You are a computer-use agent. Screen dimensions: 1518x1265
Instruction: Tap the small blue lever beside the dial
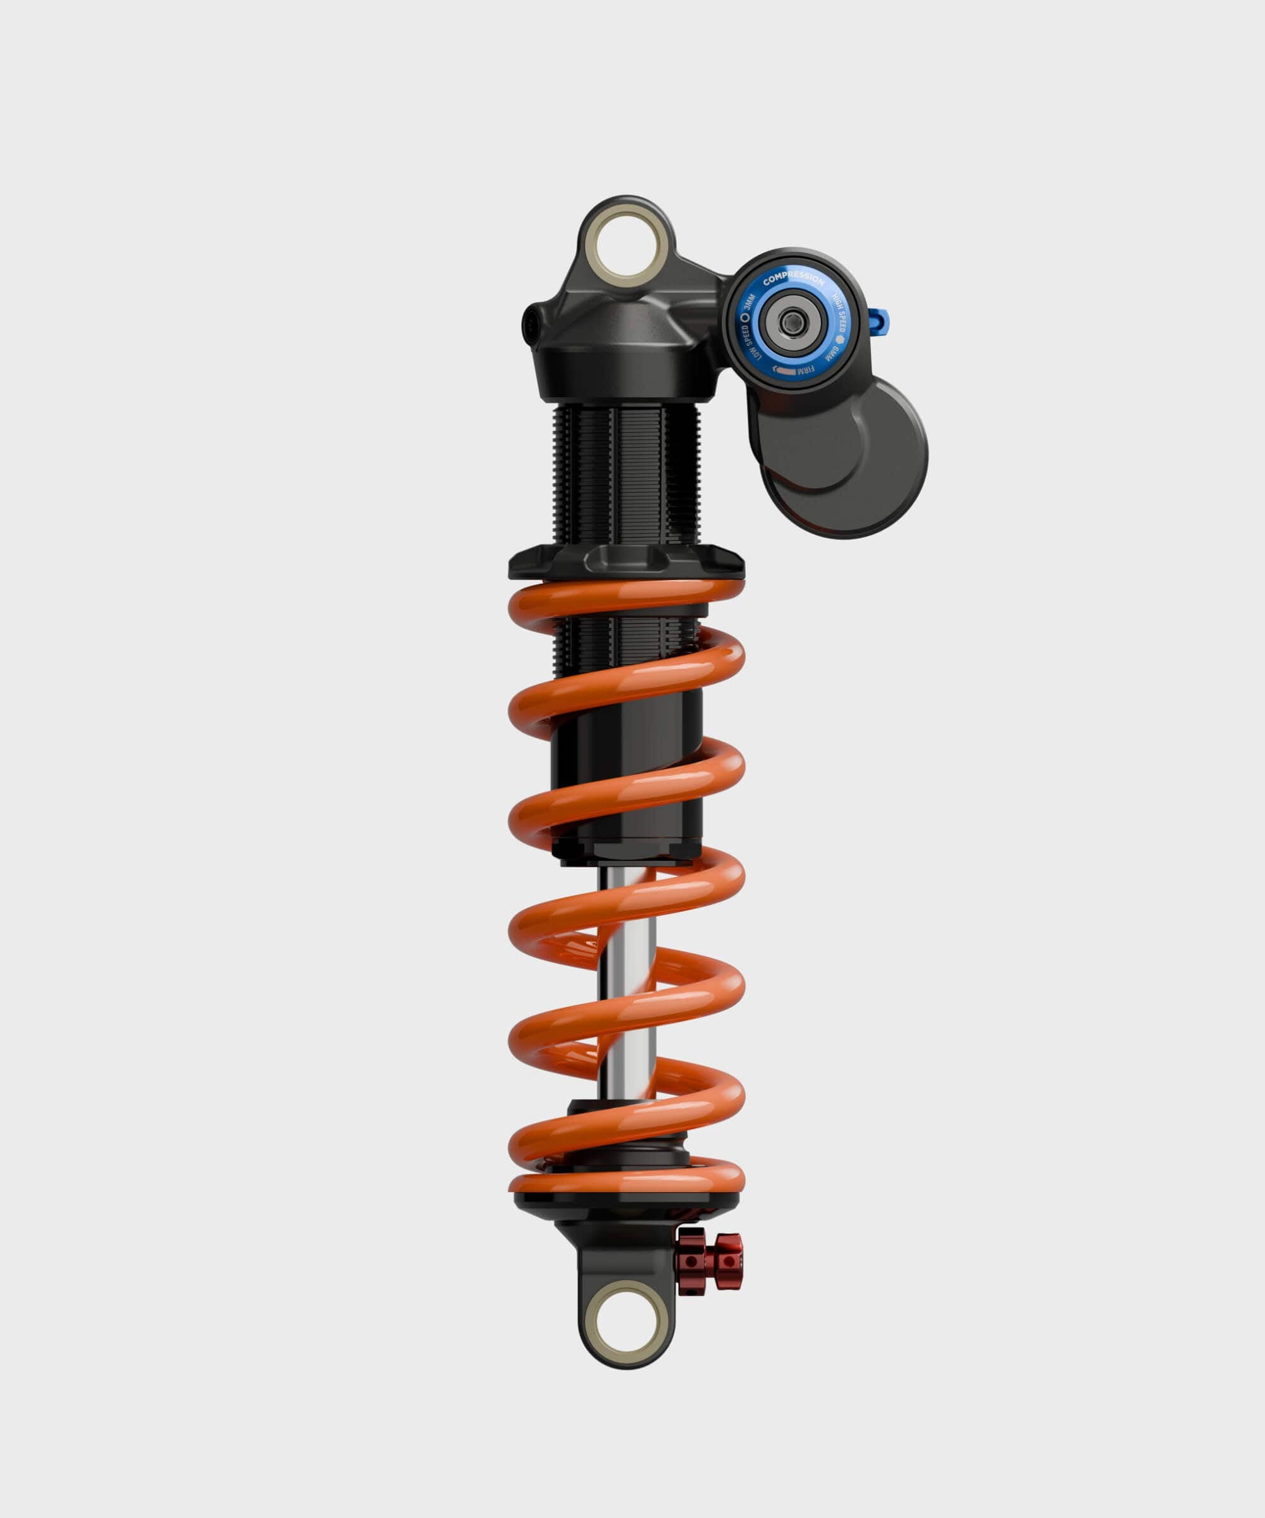pos(881,318)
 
